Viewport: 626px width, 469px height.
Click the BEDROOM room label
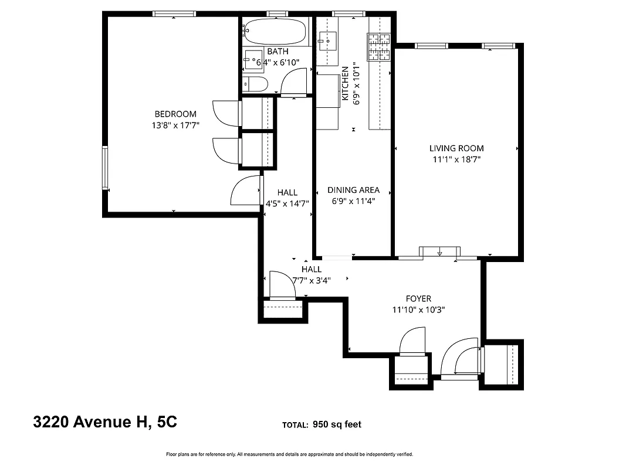click(x=175, y=114)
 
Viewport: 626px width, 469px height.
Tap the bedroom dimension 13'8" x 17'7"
click(x=175, y=125)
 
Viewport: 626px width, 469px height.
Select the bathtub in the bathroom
click(x=276, y=30)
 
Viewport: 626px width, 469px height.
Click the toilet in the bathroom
click(x=256, y=84)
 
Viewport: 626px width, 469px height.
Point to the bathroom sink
click(x=253, y=59)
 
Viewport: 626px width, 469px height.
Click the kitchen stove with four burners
click(x=379, y=47)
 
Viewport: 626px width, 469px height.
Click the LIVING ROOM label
click(x=456, y=148)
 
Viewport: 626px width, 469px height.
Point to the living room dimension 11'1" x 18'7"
click(x=456, y=159)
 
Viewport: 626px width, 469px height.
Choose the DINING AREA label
click(x=353, y=190)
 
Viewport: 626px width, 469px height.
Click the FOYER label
click(x=419, y=298)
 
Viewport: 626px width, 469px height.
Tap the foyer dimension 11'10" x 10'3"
click(x=419, y=310)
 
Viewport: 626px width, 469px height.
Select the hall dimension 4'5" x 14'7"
click(x=287, y=203)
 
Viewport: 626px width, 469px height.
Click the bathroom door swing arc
click(x=295, y=82)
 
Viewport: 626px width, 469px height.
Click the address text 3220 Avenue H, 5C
click(x=105, y=423)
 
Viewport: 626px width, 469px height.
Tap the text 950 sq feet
click(x=337, y=424)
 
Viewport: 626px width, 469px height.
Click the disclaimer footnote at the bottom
click(x=290, y=454)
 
